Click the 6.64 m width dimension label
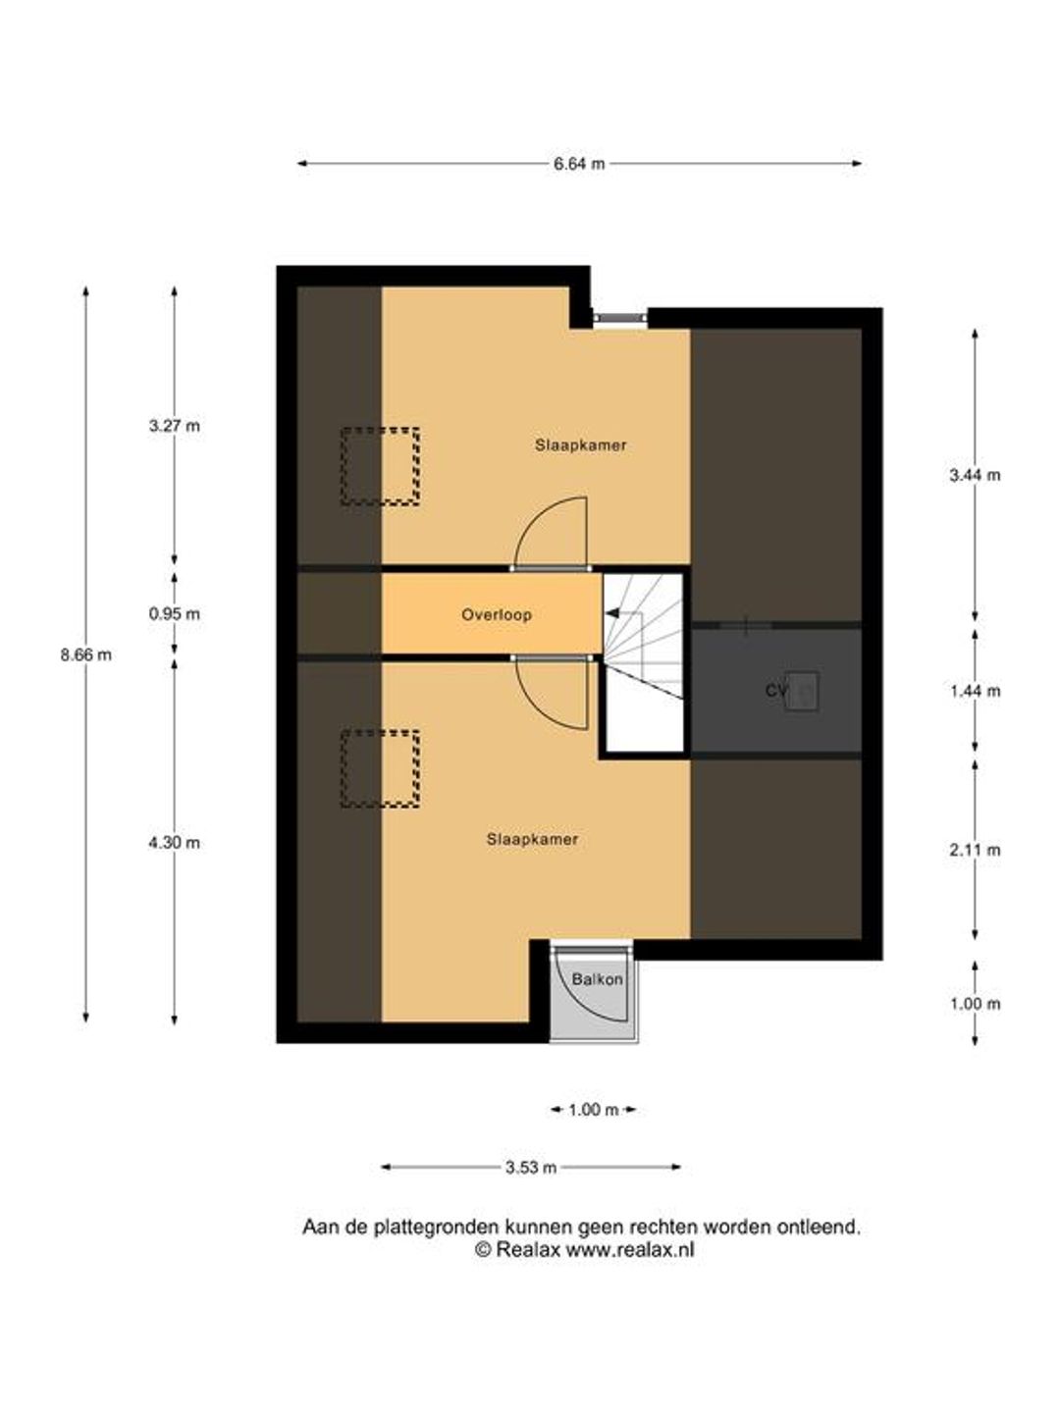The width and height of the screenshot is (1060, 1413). (x=579, y=164)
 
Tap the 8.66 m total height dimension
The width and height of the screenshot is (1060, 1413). (x=85, y=655)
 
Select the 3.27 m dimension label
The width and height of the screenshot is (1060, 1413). (x=175, y=426)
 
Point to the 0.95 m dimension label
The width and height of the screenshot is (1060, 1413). (x=175, y=614)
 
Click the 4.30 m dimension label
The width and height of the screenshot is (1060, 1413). (x=175, y=843)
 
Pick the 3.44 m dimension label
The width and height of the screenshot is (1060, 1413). (x=975, y=476)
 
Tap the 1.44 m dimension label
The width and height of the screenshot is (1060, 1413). (x=975, y=692)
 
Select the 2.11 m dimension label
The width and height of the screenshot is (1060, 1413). (x=975, y=850)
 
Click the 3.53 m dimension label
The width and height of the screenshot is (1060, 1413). (x=530, y=1168)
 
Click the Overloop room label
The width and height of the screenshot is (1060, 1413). (x=497, y=615)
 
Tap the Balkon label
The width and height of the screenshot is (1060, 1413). (x=598, y=979)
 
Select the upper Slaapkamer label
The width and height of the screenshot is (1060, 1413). (x=580, y=445)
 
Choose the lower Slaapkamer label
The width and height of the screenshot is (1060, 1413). (x=532, y=839)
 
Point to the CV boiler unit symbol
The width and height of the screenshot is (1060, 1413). (x=801, y=692)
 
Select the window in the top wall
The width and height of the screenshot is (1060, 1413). (x=619, y=317)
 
